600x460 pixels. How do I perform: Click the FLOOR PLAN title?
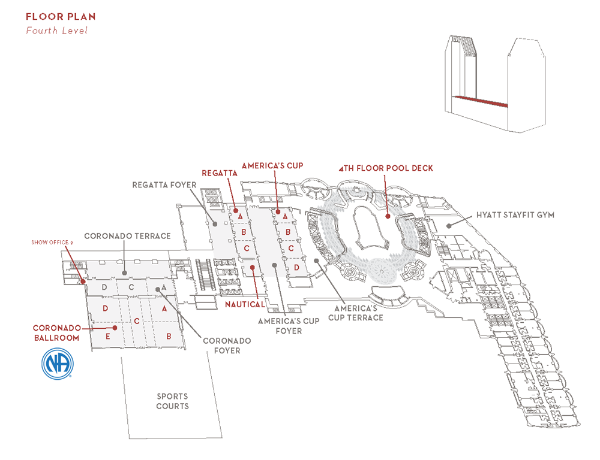pyautogui.click(x=61, y=16)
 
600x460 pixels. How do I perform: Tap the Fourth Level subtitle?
pyautogui.click(x=56, y=31)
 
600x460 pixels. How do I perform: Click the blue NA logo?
pyautogui.click(x=58, y=364)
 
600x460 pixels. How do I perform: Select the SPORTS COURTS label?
pyautogui.click(x=172, y=401)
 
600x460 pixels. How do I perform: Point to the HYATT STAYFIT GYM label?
pyautogui.click(x=515, y=215)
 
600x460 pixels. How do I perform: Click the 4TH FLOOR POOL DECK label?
pyautogui.click(x=386, y=168)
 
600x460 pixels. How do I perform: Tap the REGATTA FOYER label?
pyautogui.click(x=164, y=185)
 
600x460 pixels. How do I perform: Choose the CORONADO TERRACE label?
pyautogui.click(x=127, y=236)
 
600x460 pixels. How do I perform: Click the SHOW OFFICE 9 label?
pyautogui.click(x=52, y=242)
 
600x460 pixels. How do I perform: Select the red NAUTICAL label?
pyautogui.click(x=245, y=304)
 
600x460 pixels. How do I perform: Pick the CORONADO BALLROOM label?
pyautogui.click(x=56, y=333)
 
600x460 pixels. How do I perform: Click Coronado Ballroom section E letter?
pyautogui.click(x=108, y=337)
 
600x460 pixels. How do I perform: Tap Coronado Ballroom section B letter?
pyautogui.click(x=169, y=337)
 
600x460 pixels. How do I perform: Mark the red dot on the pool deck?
pyautogui.click(x=388, y=216)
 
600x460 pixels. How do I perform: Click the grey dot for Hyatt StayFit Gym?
pyautogui.click(x=449, y=226)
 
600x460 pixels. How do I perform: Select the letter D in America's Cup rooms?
pyautogui.click(x=296, y=268)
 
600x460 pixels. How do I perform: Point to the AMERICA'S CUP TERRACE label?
pyautogui.click(x=355, y=313)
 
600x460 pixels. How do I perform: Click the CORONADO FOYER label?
pyautogui.click(x=227, y=346)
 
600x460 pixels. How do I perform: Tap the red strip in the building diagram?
pyautogui.click(x=480, y=101)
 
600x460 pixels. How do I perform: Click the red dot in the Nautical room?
pyautogui.click(x=253, y=267)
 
